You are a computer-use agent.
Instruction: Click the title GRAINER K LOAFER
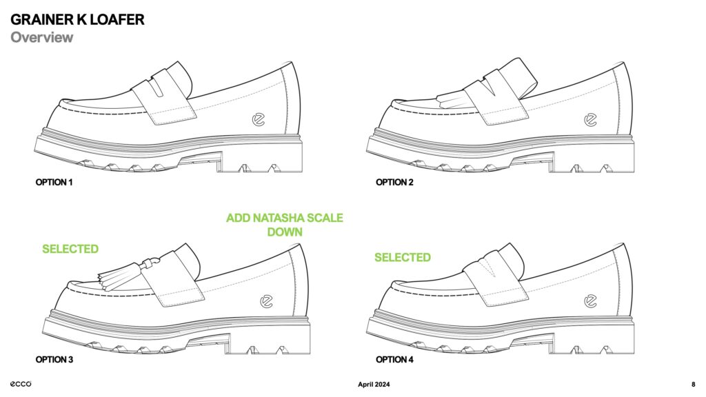(x=77, y=20)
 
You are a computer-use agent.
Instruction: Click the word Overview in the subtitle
(x=42, y=37)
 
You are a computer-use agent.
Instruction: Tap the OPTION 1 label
(x=54, y=182)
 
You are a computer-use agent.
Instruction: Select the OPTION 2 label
(x=394, y=182)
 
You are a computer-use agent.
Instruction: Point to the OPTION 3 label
(x=54, y=360)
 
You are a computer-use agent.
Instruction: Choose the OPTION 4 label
(x=394, y=360)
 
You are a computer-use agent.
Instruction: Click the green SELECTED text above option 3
(x=70, y=249)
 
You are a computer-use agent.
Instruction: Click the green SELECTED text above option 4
(x=403, y=258)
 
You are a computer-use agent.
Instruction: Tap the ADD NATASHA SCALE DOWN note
(x=285, y=225)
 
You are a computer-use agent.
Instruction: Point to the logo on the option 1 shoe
(x=259, y=120)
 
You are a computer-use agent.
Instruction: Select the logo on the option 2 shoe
(x=590, y=120)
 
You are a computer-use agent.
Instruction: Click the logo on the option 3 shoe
(x=267, y=302)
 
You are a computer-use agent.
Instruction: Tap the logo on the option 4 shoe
(x=590, y=301)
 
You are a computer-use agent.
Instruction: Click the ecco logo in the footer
(x=21, y=384)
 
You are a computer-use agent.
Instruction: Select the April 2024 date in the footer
(x=374, y=385)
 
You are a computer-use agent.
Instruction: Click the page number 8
(x=694, y=385)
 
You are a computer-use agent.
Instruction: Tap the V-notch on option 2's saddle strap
(x=490, y=86)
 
